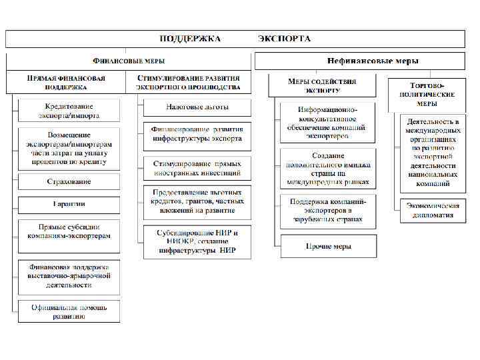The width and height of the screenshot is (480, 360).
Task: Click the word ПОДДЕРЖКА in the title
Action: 190,39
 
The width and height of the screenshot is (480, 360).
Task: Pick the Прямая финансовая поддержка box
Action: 65,82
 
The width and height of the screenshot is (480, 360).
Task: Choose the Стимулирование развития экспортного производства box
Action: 188,82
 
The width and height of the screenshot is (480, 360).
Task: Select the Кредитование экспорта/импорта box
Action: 69,111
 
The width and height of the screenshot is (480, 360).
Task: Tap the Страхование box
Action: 69,181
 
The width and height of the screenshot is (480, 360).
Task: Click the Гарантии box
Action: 69,204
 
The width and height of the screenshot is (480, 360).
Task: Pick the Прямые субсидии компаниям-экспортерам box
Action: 69,232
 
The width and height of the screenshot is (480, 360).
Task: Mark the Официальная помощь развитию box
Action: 69,311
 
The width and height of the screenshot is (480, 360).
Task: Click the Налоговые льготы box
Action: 197,107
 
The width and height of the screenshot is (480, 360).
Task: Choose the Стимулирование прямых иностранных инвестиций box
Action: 197,168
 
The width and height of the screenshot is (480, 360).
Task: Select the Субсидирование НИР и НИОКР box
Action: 197,242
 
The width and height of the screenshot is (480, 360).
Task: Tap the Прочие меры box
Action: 328,246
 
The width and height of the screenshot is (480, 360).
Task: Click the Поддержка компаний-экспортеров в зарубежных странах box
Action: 328,210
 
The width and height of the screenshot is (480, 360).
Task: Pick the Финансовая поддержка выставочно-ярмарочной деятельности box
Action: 69,275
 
